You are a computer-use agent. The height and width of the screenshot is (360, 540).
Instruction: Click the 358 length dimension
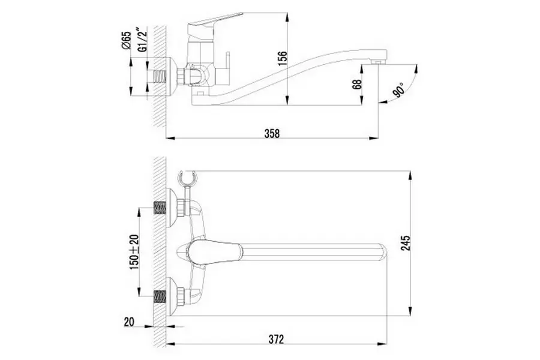pos(272,133)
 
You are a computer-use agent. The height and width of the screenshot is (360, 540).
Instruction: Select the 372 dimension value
pos(276,339)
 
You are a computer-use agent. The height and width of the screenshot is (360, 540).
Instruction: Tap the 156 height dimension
pos(282,59)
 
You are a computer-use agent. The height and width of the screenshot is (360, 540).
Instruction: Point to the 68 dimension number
pos(357,85)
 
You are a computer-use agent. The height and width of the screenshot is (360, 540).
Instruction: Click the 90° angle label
pos(400,90)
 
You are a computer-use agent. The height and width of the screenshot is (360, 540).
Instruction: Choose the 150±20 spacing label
pos(134,252)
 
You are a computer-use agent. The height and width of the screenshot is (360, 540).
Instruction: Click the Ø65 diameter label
pos(126,40)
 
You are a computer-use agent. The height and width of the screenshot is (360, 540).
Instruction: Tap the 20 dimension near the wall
pos(129,322)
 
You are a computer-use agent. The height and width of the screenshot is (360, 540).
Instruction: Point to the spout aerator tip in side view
pos(377,62)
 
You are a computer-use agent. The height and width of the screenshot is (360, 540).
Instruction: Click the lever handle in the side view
pos(214,20)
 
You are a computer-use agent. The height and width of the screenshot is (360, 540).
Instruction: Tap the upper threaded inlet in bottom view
pos(160,208)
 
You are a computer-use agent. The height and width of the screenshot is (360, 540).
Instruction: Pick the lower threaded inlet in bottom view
pos(160,297)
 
